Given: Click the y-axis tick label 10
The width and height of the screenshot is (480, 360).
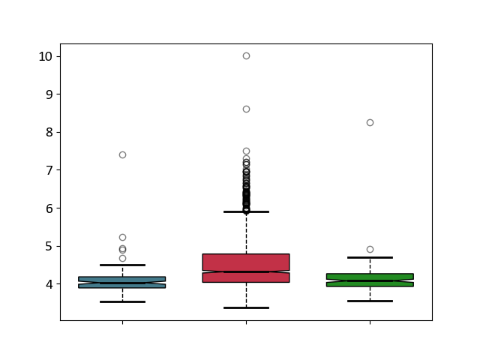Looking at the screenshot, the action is point(45,57).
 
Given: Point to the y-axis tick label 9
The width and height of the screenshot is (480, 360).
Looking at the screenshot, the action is point(49,94).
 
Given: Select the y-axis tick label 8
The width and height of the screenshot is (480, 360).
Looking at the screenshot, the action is point(49,133).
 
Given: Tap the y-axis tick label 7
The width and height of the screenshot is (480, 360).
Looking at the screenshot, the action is point(49,170).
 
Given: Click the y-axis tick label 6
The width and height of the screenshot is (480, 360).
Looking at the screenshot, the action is point(49,208).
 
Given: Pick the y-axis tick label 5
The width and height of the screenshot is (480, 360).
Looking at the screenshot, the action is point(49,247).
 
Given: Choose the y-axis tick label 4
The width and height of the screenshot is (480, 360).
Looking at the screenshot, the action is point(49,284).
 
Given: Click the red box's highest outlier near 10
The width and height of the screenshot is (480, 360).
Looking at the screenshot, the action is point(247,55).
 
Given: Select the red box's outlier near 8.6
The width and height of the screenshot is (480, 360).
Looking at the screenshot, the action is point(247,109).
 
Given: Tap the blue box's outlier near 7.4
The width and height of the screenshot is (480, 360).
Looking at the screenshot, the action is point(122,155).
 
